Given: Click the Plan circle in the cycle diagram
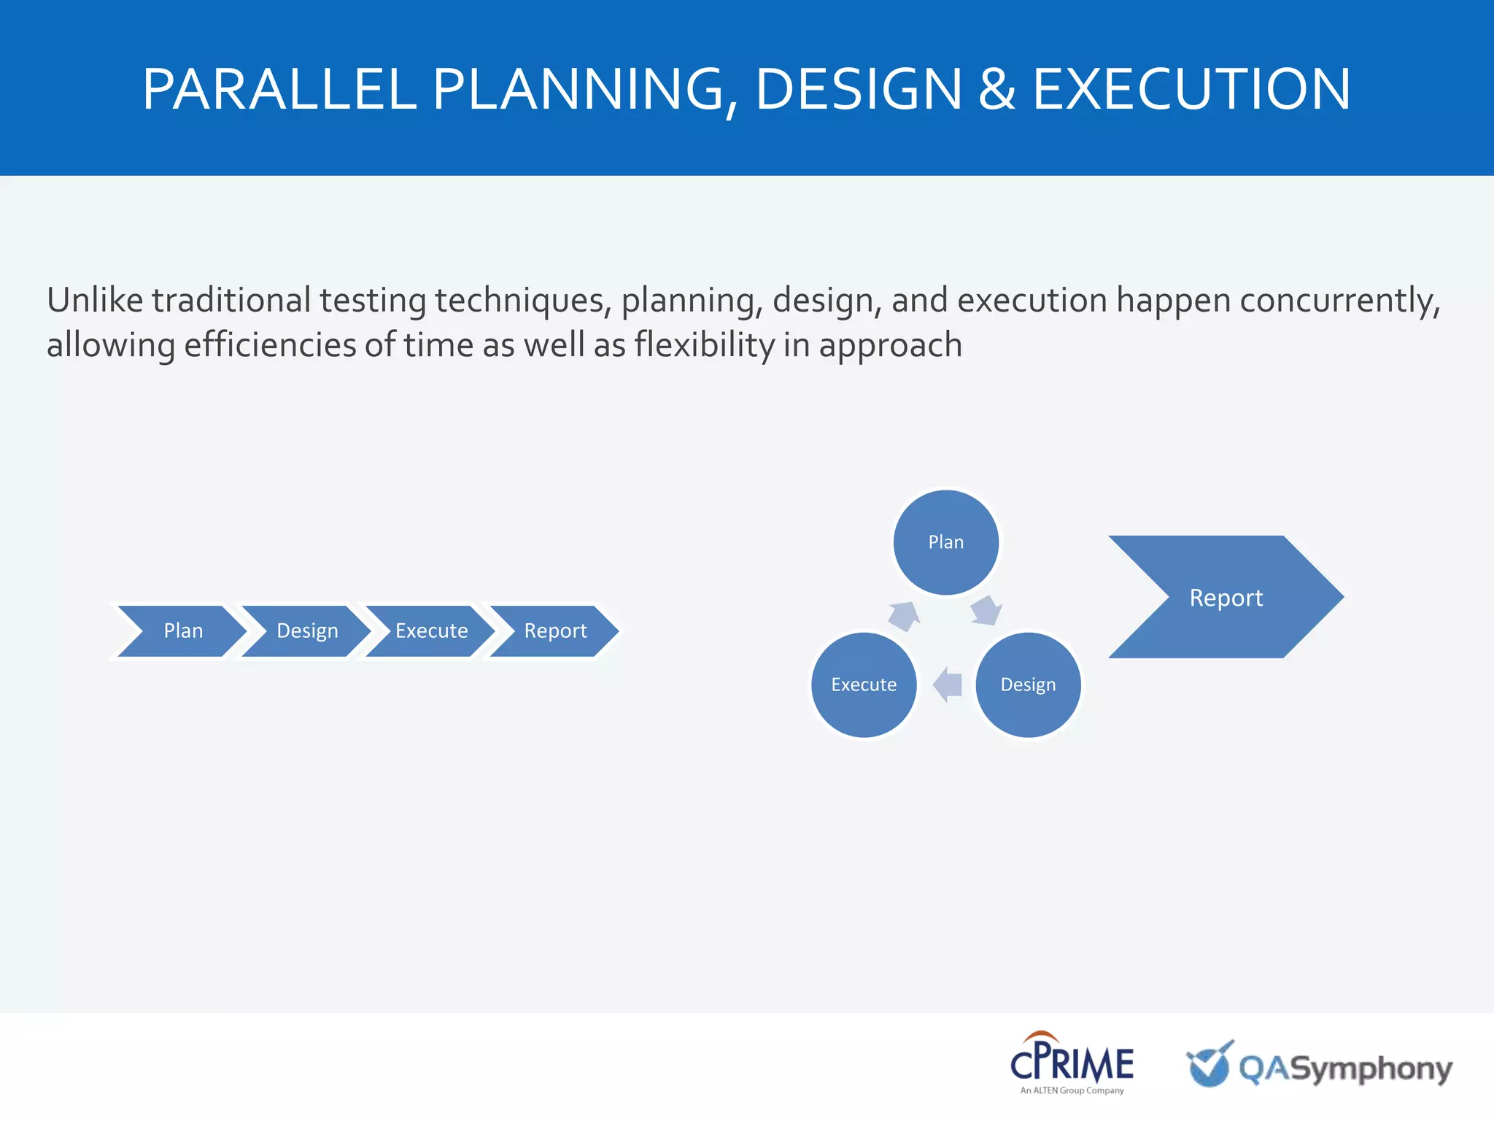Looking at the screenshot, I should tap(945, 542).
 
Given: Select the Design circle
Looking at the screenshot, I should tap(1028, 685).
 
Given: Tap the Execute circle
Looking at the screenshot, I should tap(864, 685).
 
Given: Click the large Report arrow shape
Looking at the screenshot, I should tap(1226, 598).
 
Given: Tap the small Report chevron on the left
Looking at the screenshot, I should tap(555, 631).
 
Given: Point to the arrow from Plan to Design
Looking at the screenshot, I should tap(986, 610).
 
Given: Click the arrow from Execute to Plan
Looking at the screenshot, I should tap(904, 615).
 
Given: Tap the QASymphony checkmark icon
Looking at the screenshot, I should tap(1209, 1065).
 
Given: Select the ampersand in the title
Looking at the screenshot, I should tap(996, 89).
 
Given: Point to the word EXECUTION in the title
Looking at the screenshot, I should tap(1191, 89).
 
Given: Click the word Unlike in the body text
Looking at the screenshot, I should tap(95, 300).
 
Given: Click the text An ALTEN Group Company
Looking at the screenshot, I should tap(1072, 1090).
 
